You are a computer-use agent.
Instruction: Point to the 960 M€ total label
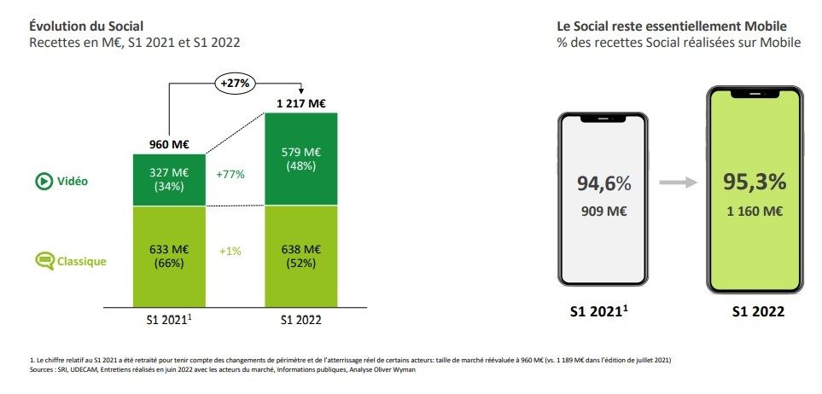(x=168, y=145)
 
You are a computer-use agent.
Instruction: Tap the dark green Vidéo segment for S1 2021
(x=168, y=180)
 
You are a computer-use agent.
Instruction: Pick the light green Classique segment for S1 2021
(x=168, y=256)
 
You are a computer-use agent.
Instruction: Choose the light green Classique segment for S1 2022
(x=301, y=256)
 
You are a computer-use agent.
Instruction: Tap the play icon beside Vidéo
(x=42, y=181)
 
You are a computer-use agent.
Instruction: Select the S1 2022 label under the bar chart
(x=301, y=322)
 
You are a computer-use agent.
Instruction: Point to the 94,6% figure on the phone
(x=603, y=183)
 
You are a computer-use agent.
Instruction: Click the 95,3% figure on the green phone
(x=755, y=181)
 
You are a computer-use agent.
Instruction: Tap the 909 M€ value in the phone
(x=603, y=210)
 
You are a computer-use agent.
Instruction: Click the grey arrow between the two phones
(x=679, y=182)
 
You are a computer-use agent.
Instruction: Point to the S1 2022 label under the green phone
(x=757, y=312)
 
